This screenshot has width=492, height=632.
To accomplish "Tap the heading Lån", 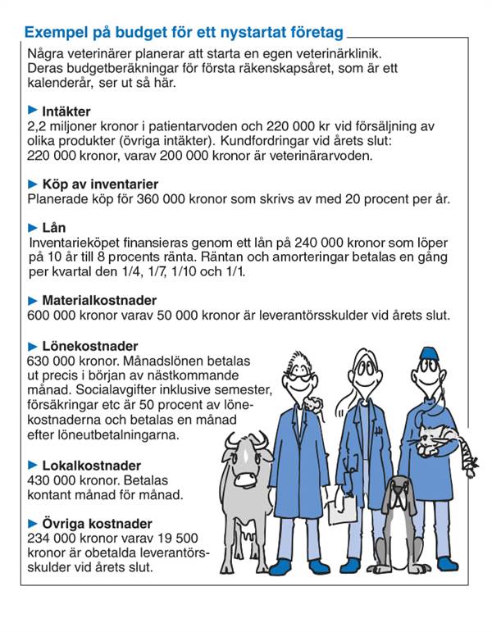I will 53,228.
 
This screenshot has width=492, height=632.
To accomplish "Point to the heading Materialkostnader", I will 99,301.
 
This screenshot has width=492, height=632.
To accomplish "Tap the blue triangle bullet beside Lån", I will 33,227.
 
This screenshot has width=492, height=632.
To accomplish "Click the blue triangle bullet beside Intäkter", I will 33,110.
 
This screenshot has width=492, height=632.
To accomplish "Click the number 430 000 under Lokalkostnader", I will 51,480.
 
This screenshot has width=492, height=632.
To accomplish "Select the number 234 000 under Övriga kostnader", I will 51,539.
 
